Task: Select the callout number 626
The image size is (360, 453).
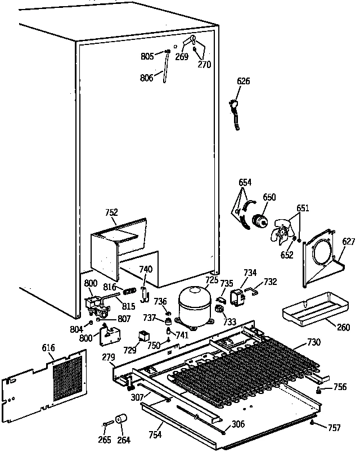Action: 243,81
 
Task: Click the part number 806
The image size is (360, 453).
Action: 147,78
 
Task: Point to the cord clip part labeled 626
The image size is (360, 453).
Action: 235,112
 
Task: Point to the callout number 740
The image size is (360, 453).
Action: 146,269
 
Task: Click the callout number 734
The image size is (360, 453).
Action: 250,273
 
